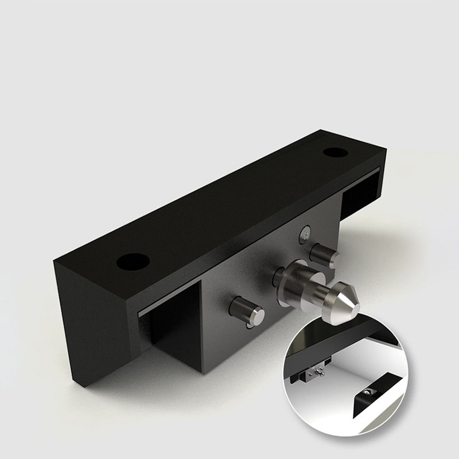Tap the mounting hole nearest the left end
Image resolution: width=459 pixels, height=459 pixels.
coord(133,263)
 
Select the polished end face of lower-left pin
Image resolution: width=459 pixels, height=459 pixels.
coord(257,315)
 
